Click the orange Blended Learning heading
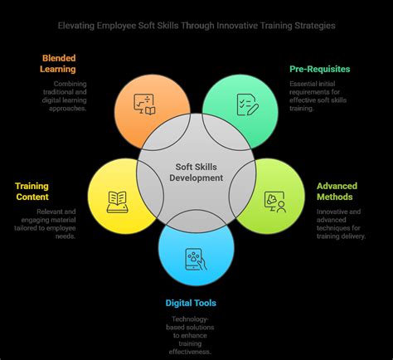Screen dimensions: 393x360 click(58, 64)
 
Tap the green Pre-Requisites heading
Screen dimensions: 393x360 click(320, 69)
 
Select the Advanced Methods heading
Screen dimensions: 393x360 click(337, 192)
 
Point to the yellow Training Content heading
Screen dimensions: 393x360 click(32, 192)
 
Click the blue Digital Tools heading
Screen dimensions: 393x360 click(191, 303)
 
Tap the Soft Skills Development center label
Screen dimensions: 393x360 click(196, 173)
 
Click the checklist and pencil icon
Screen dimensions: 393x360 click(248, 105)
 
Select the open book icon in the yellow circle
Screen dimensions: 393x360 click(118, 202)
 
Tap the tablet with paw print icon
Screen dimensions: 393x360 click(196, 259)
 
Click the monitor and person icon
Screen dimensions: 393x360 click(275, 202)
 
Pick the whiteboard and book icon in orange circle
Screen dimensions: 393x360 click(144, 105)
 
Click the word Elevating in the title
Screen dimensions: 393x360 click(76, 26)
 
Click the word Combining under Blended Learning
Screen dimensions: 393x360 click(70, 84)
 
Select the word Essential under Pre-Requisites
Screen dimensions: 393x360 click(303, 84)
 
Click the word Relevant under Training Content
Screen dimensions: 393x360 click(50, 212)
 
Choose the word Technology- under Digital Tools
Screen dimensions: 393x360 click(190, 319)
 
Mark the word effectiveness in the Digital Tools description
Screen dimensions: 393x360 click(190, 352)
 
